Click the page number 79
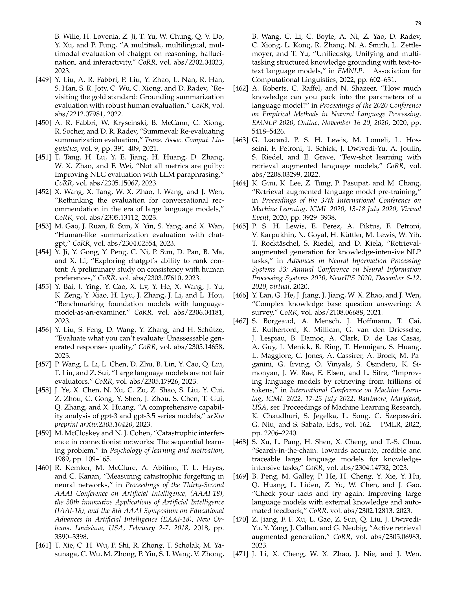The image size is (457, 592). point(418,23)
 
